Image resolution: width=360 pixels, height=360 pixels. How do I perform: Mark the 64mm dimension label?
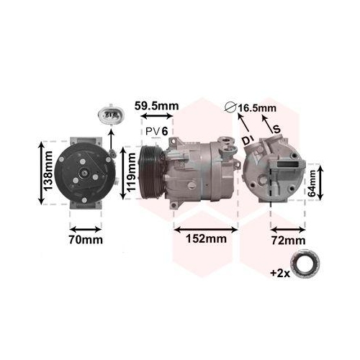coord(312,183)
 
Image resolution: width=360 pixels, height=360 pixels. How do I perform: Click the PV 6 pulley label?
coord(156,131)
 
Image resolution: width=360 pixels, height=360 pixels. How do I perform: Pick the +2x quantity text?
coord(281,273)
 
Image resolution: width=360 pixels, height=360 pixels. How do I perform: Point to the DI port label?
coord(247,137)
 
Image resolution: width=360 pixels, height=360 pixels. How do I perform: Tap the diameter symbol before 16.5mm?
coord(230,107)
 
